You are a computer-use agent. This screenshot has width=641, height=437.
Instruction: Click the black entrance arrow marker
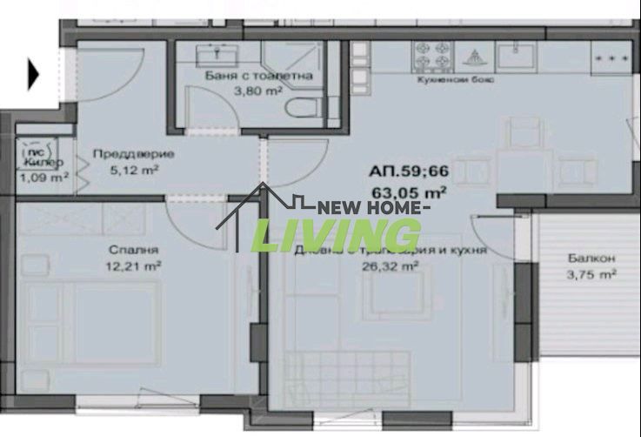(x=34, y=75)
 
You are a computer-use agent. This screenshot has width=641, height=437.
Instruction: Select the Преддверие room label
(x=133, y=154)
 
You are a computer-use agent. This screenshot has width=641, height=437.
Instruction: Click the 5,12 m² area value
(x=133, y=170)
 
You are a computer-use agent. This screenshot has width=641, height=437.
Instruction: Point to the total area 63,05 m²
(x=410, y=191)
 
